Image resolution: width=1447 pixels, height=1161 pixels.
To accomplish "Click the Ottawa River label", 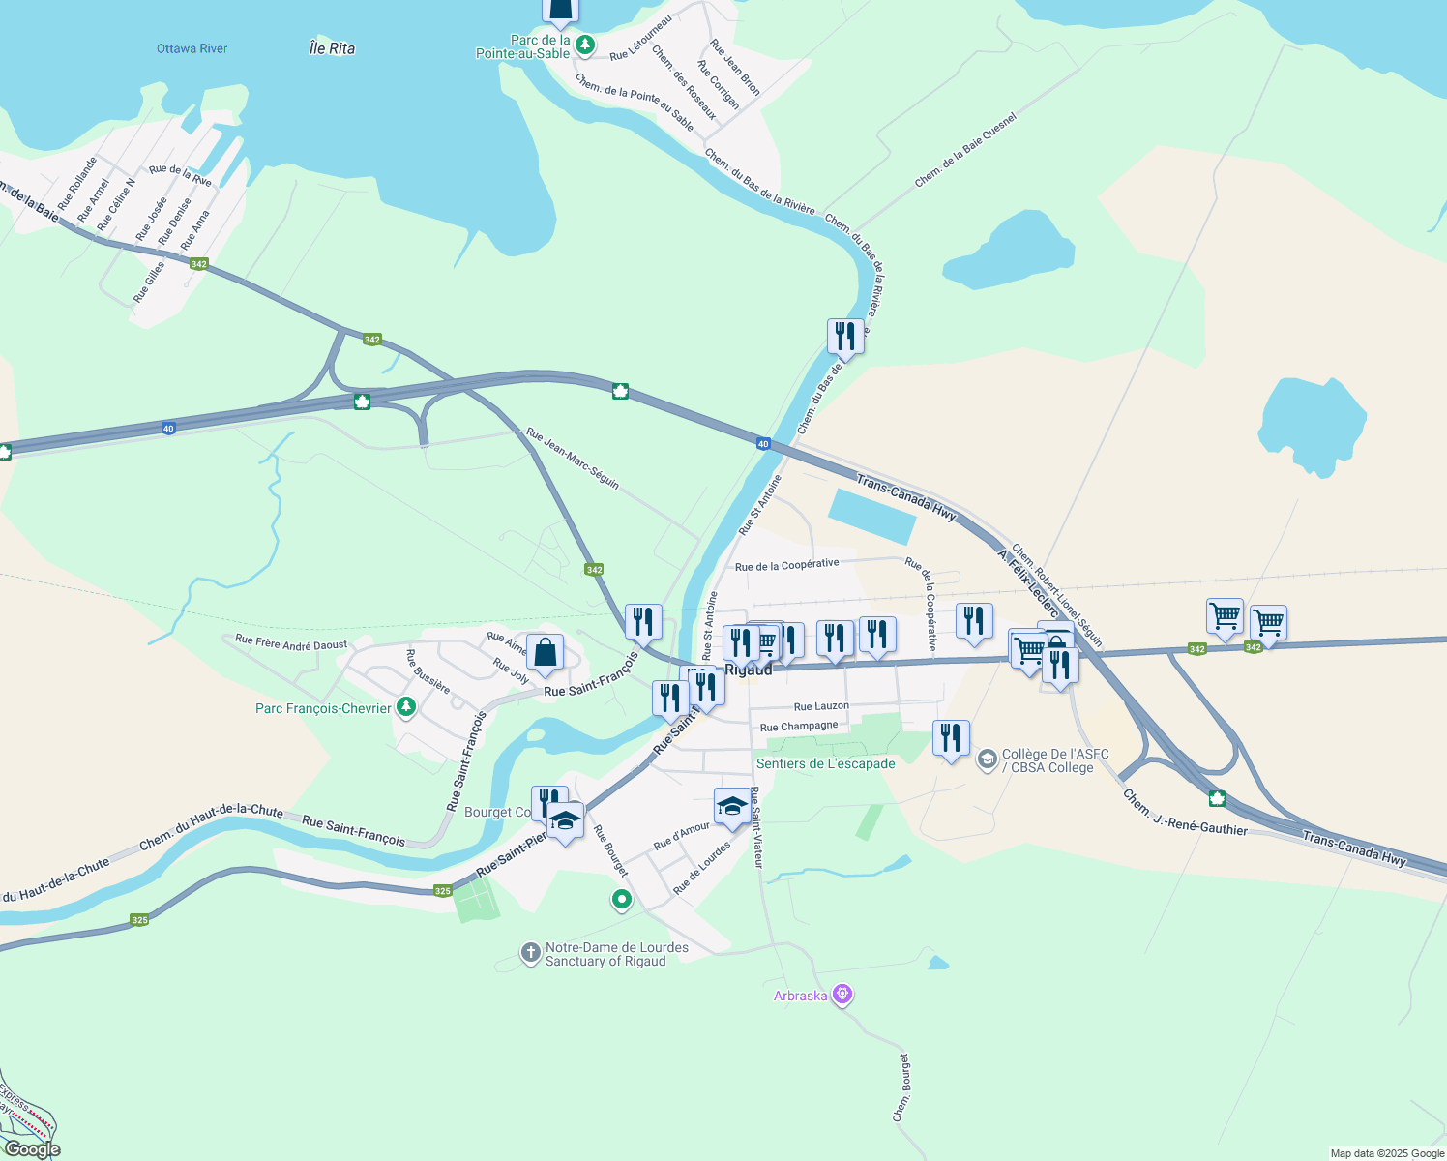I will click(192, 48).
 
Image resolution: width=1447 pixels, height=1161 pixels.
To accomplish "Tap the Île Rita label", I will click(332, 48).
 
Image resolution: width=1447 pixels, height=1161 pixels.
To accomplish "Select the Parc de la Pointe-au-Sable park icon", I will click(584, 45).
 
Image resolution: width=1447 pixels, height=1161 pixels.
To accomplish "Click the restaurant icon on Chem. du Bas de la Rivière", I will click(845, 337).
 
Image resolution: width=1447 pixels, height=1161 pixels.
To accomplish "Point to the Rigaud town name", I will click(749, 670).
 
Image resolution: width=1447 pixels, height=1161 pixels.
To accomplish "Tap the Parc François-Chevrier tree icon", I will click(406, 708).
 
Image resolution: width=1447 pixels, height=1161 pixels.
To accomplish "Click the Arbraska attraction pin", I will click(842, 995).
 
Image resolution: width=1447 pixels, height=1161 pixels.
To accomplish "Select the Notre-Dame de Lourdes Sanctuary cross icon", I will click(530, 954).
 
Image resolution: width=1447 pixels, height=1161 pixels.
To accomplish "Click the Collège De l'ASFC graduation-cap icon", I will click(987, 759).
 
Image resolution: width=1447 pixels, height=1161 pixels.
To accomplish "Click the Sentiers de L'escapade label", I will click(825, 763).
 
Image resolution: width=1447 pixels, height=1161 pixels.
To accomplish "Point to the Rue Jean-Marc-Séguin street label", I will click(573, 459).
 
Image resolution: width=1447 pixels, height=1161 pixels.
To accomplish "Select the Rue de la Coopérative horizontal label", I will click(786, 565).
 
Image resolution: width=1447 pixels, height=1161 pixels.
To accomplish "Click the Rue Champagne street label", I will click(799, 727).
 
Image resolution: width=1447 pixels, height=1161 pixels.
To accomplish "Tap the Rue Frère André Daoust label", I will click(291, 643).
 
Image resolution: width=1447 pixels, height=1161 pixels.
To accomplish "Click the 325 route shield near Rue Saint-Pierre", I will click(443, 891).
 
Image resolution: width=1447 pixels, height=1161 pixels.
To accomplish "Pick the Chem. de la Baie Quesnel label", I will click(965, 150).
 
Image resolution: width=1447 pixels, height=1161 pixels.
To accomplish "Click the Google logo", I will click(33, 1149).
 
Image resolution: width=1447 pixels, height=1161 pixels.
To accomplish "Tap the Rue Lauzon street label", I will click(821, 706).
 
